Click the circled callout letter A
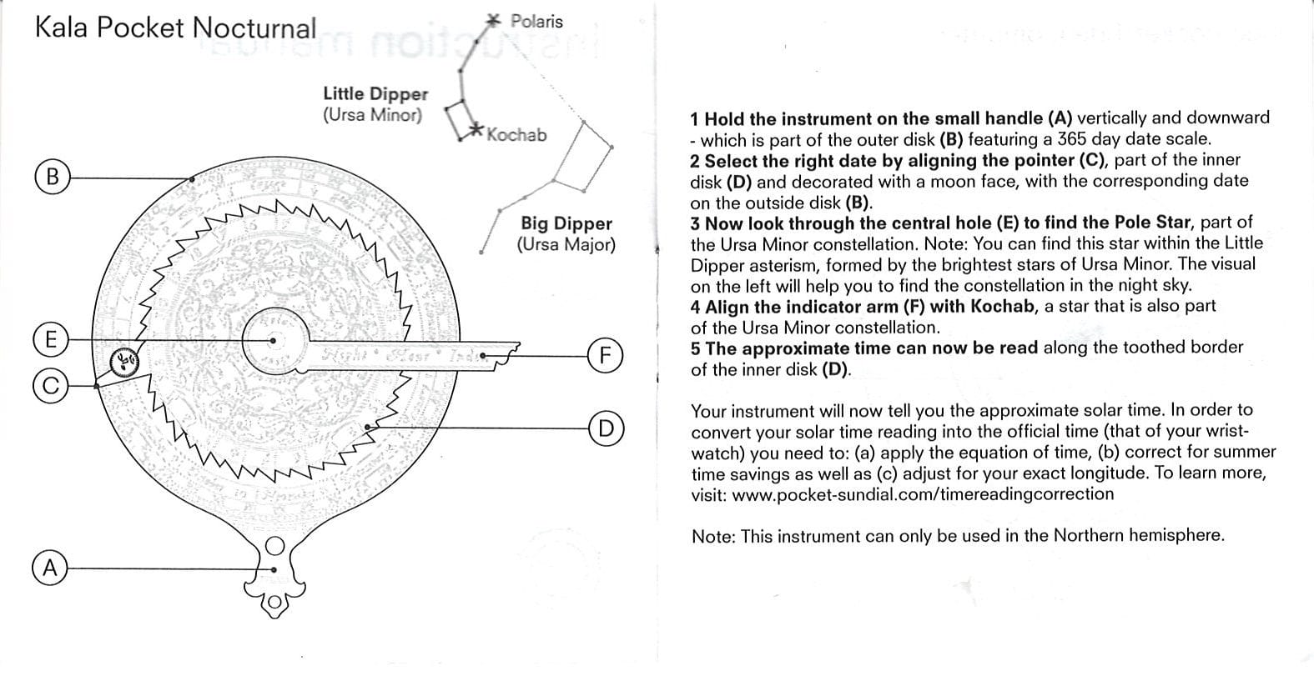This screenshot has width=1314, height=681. tap(49, 569)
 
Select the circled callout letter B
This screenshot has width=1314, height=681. tap(52, 178)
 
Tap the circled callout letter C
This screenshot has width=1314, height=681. tap(49, 386)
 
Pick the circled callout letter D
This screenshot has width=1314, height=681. tap(606, 428)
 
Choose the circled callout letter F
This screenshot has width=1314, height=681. tap(606, 355)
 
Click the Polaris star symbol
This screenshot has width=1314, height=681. tap(495, 20)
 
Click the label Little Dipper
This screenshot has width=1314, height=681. tap(375, 94)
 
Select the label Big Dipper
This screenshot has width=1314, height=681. tap(566, 223)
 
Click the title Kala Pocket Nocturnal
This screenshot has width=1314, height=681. tap(175, 28)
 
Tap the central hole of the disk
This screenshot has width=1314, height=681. tap(274, 340)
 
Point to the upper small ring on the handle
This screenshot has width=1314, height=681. tap(275, 547)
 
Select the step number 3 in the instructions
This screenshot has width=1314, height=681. tap(695, 223)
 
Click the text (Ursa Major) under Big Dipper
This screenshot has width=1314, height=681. tap(566, 245)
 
